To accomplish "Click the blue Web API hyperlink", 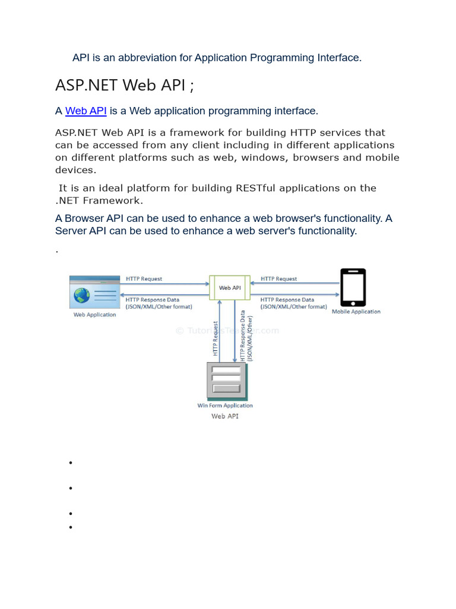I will [x=85, y=111].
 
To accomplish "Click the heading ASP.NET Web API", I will [x=124, y=85].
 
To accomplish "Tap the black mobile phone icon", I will [x=353, y=287].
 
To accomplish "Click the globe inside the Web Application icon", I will [x=81, y=295].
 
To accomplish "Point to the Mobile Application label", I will [x=356, y=312].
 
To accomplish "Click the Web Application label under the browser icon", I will [x=94, y=315].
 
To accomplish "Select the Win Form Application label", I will [x=225, y=406].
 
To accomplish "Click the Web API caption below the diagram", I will [x=225, y=416].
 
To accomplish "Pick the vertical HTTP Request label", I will [x=216, y=340].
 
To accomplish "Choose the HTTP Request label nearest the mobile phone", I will [x=278, y=278].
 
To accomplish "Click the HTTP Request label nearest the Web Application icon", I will [x=144, y=278].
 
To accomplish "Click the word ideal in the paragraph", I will [x=106, y=188].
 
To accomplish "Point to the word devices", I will [x=75, y=170].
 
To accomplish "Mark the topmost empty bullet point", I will [x=70, y=463].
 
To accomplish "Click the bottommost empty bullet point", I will [x=70, y=527].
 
